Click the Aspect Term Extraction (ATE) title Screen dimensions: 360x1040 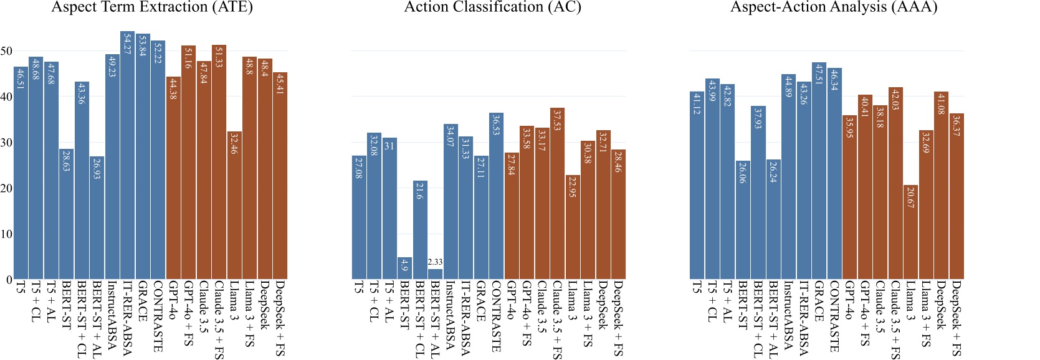(152, 7)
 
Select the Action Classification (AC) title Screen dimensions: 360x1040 (492, 7)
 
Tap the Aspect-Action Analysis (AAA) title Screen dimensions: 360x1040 (834, 7)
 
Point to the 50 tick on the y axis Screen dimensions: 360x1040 (6, 51)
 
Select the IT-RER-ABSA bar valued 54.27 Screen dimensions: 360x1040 (127, 156)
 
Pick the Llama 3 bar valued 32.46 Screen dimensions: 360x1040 (234, 206)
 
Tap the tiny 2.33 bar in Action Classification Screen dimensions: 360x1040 (436, 274)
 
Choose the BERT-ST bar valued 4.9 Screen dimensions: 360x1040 (405, 268)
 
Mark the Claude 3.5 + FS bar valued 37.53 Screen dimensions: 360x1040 (557, 193)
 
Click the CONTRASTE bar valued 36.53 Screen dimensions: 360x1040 (496, 196)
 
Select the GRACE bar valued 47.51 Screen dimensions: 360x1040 (819, 171)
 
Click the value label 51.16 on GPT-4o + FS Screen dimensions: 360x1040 (188, 57)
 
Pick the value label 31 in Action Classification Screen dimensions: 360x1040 (389, 146)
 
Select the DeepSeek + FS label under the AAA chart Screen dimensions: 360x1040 (957, 318)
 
